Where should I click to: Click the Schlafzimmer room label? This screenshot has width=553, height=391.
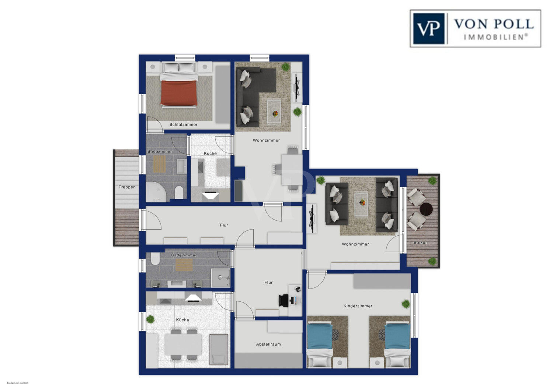pos(183,125)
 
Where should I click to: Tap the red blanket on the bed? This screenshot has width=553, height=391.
pos(178,93)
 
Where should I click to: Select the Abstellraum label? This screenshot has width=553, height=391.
pos(268,344)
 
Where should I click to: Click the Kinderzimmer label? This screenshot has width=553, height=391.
pos(358,306)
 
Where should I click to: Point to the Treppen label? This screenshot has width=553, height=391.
pos(127,187)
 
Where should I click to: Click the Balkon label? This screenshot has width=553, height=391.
pos(421,242)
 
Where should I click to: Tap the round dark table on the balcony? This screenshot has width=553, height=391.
pos(426,209)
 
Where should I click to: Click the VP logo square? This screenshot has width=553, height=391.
pos(428,28)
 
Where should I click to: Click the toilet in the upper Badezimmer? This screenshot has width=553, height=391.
pos(179,192)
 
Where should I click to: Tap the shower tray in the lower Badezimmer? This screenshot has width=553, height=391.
pos(220,277)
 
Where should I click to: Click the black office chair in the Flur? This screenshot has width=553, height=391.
pos(284,300)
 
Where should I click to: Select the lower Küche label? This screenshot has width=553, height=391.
pos(182,320)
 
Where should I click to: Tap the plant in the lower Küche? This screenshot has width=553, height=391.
pos(150,319)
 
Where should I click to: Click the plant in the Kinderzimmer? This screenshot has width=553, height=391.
pos(406,304)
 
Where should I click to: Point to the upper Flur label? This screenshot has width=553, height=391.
pos(224,225)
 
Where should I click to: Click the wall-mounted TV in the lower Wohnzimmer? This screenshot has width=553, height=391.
pos(312,218)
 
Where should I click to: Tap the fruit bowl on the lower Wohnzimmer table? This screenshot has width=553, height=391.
pos(362,202)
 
